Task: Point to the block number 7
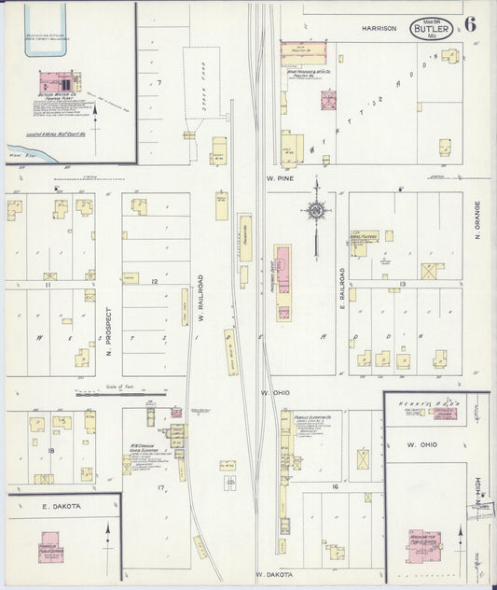tap(159, 83)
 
